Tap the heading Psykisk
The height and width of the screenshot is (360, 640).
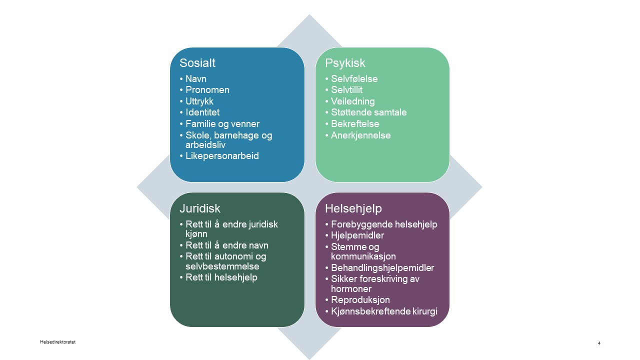345,63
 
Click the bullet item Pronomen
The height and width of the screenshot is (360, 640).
207,90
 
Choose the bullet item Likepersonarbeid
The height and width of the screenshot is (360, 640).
222,156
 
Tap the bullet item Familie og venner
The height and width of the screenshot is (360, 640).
222,124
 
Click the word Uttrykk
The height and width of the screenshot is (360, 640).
199,101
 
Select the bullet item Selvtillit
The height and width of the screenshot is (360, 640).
346,90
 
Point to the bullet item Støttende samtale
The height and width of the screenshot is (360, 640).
368,112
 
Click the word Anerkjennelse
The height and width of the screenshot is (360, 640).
360,135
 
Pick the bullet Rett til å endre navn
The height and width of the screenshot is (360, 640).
226,245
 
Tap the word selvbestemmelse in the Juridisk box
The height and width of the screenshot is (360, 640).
222,266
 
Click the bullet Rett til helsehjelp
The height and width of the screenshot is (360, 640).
221,277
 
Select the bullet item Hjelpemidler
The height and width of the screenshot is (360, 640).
357,235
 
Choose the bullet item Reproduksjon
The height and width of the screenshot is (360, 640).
360,300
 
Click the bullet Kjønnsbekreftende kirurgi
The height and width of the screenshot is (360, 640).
383,311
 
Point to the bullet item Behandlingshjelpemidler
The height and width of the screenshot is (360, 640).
382,268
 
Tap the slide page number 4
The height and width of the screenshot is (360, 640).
599,343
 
